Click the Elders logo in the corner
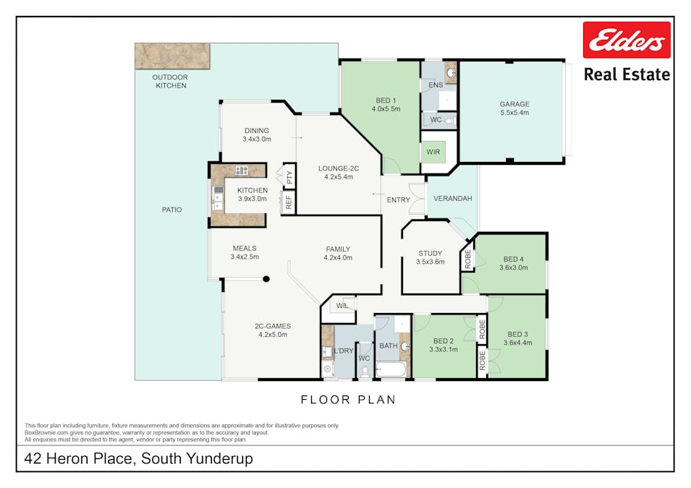pos(627,40)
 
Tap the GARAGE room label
pos(514,104)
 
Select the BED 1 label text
pos(386,100)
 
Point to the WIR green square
pos(433,153)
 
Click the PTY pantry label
pos(289,175)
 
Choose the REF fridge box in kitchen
pos(289,203)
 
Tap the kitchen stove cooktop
pos(241,171)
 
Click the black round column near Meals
pos(266,279)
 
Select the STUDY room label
pos(430,254)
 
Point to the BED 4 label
pos(513,260)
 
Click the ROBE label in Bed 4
pos(468,260)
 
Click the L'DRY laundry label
pos(344,351)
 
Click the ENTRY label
pos(398,200)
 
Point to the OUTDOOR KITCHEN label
pos(171,81)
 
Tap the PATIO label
pos(171,210)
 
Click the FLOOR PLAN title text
pos(348,399)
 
